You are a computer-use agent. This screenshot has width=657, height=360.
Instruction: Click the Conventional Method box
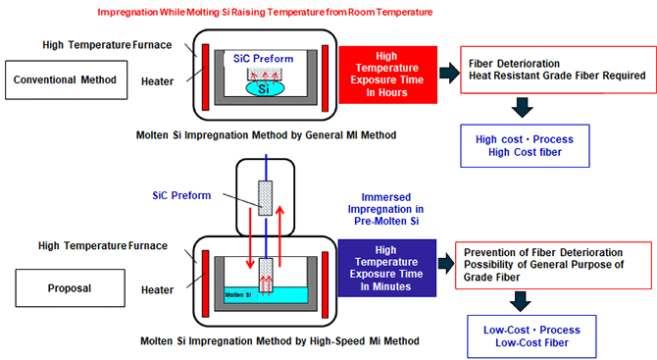pyautogui.click(x=67, y=79)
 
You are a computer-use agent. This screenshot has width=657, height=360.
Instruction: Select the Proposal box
pyautogui.click(x=70, y=288)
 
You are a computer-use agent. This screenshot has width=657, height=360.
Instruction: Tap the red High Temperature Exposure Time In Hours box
pyautogui.click(x=387, y=75)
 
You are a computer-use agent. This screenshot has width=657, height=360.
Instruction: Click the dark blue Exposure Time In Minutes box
pyautogui.click(x=386, y=268)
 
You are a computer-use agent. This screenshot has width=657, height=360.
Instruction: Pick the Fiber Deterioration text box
pyautogui.click(x=558, y=70)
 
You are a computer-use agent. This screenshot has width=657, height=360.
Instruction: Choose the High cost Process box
pyautogui.click(x=525, y=146)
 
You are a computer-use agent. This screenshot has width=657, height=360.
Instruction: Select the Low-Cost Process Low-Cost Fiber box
pyautogui.click(x=531, y=336)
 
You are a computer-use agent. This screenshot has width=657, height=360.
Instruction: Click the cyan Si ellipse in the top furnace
pyautogui.click(x=265, y=88)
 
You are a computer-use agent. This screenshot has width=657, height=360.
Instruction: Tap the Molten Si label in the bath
pyautogui.click(x=238, y=295)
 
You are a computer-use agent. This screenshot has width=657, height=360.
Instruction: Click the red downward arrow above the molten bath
pyautogui.click(x=250, y=237)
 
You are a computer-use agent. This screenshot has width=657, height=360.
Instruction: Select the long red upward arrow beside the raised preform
pyautogui.click(x=279, y=236)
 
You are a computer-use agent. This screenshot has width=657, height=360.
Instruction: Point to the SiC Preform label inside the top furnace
pyautogui.click(x=263, y=59)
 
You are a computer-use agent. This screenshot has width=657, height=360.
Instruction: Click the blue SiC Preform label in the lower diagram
pyautogui.click(x=181, y=195)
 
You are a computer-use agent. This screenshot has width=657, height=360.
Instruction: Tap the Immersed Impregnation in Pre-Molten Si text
pyautogui.click(x=386, y=209)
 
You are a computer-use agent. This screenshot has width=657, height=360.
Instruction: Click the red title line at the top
pyautogui.click(x=265, y=12)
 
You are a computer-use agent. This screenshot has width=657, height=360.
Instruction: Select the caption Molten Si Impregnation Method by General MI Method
pyautogui.click(x=266, y=135)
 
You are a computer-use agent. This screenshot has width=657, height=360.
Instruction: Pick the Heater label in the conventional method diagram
pyautogui.click(x=157, y=81)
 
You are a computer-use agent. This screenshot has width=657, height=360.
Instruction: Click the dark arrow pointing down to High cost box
pyautogui.click(x=522, y=107)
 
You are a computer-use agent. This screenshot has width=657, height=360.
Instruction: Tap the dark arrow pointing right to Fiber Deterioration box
pyautogui.click(x=449, y=73)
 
